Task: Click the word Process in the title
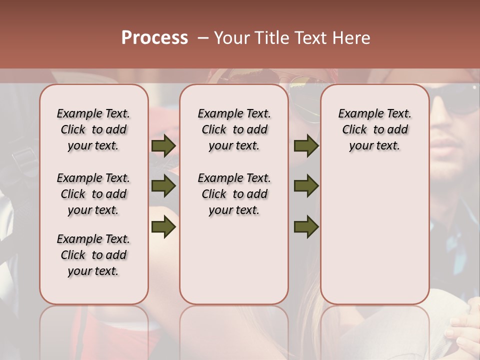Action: (x=154, y=38)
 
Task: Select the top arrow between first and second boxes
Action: (x=163, y=146)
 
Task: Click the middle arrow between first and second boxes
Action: (x=163, y=186)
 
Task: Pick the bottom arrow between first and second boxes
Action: (x=163, y=227)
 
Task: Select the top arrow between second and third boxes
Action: (x=306, y=146)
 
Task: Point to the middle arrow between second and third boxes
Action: (x=306, y=186)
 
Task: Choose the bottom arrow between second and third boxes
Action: (x=306, y=227)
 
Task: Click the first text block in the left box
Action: (x=93, y=129)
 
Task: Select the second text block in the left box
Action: (x=93, y=194)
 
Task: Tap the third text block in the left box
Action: (x=93, y=255)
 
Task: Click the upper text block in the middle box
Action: (x=234, y=129)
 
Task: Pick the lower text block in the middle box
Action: (x=234, y=194)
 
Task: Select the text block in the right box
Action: (x=374, y=129)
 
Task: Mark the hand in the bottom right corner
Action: (x=462, y=332)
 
